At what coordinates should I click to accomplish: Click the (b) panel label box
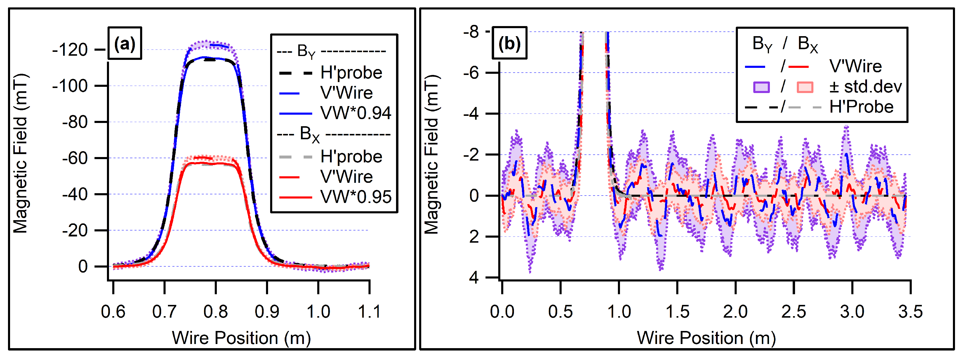[509, 43]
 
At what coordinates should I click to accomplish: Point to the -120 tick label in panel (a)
[70, 50]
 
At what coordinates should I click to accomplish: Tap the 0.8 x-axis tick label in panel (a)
[215, 311]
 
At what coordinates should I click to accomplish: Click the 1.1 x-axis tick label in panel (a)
[369, 311]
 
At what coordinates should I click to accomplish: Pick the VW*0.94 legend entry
[355, 113]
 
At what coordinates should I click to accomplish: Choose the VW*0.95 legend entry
[355, 197]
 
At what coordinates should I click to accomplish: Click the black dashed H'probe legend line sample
[295, 73]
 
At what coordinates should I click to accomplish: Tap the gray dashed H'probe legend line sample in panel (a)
[295, 157]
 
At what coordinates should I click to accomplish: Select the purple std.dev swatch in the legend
[761, 87]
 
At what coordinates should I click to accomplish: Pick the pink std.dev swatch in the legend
[805, 87]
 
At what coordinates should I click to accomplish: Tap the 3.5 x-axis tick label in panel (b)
[910, 311]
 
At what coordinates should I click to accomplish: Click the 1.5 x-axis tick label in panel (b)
[677, 311]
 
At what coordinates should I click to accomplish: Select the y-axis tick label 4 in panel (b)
[474, 278]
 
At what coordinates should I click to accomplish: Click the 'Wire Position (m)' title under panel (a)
[241, 338]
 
